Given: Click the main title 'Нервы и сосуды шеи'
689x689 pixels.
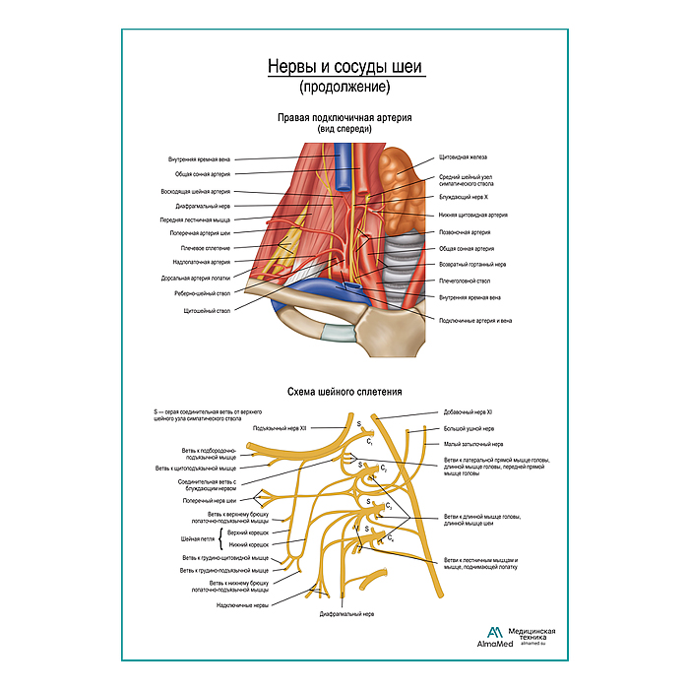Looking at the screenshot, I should click(344, 66).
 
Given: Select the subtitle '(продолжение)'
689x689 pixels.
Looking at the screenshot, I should click(344, 87).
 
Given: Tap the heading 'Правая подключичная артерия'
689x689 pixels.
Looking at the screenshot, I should click(344, 117).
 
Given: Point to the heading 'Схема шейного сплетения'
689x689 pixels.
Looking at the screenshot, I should click(345, 391).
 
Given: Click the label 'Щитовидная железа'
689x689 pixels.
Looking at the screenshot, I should click(463, 157).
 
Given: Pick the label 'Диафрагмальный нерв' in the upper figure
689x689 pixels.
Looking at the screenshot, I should click(204, 207).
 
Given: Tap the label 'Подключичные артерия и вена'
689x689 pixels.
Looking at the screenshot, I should click(475, 320).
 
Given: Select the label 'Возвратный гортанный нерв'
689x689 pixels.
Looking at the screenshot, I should click(472, 265).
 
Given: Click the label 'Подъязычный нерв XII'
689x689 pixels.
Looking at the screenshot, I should click(280, 428).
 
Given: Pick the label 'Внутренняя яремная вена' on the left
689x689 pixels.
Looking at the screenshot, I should click(200, 158).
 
